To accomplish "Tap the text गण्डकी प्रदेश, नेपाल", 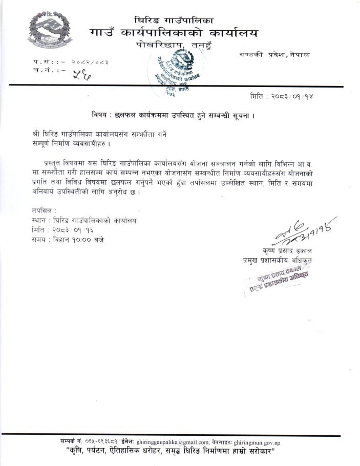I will (x=273, y=55).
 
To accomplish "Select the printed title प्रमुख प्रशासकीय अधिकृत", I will (x=278, y=261).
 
